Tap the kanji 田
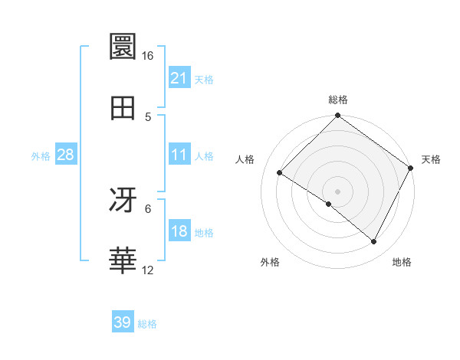coord(123,108)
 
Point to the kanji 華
coord(123,260)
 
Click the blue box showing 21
coord(179,78)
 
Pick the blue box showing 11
coord(179,155)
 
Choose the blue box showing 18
coord(179,232)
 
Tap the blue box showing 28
coord(66,155)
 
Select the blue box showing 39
coord(123,322)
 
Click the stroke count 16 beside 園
coord(147,56)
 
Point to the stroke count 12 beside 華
coord(147,270)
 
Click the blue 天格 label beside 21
coord(204,80)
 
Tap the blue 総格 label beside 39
coord(147,324)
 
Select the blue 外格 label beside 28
coord(41,156)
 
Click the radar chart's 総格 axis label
coord(337,100)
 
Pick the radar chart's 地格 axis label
coord(402,263)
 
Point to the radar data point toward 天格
coord(410,168)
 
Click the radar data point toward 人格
coord(280,173)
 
